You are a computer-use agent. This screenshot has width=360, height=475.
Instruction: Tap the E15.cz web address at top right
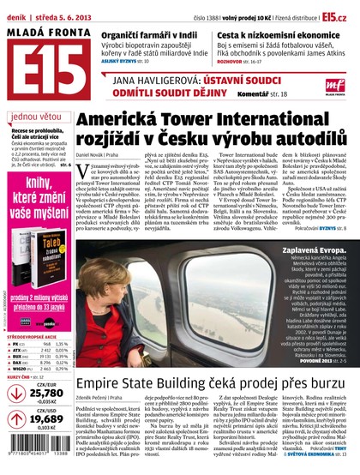click(336, 15)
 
